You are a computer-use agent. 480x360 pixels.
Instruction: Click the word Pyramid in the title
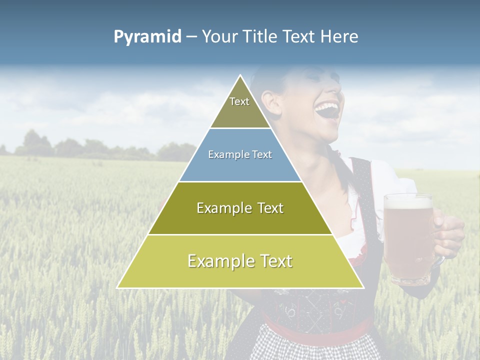tap(147, 37)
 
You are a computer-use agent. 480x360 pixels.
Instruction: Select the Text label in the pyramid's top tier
tap(239, 101)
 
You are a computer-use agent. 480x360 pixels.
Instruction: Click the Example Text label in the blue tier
tap(240, 154)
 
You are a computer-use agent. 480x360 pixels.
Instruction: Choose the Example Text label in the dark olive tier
tap(240, 208)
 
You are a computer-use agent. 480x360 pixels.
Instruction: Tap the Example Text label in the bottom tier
tap(240, 261)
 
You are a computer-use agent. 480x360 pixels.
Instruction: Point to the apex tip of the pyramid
tap(240, 75)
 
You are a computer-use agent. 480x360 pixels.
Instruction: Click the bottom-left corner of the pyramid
tap(117, 287)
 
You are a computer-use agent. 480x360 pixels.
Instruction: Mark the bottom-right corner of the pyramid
tap(363, 287)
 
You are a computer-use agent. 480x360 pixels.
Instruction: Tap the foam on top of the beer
tap(408, 202)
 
